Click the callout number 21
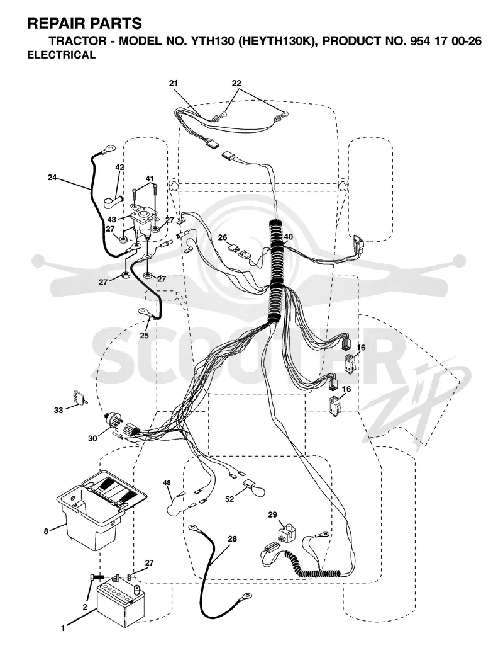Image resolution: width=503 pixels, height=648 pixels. tap(174, 84)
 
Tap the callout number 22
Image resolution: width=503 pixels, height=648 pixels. tap(236, 84)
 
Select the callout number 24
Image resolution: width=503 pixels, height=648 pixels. tap(52, 178)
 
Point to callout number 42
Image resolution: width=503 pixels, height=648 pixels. tap(119, 167)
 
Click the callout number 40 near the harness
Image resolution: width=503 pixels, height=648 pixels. tap(288, 237)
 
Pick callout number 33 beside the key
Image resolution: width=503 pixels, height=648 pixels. tap(58, 411)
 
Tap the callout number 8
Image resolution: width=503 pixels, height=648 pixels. tap(47, 531)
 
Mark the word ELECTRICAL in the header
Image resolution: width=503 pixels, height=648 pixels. tap(61, 55)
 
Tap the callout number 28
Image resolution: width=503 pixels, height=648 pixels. tap(232, 539)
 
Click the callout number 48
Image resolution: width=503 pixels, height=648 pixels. tap(167, 482)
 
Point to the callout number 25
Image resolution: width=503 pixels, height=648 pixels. tap(144, 336)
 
